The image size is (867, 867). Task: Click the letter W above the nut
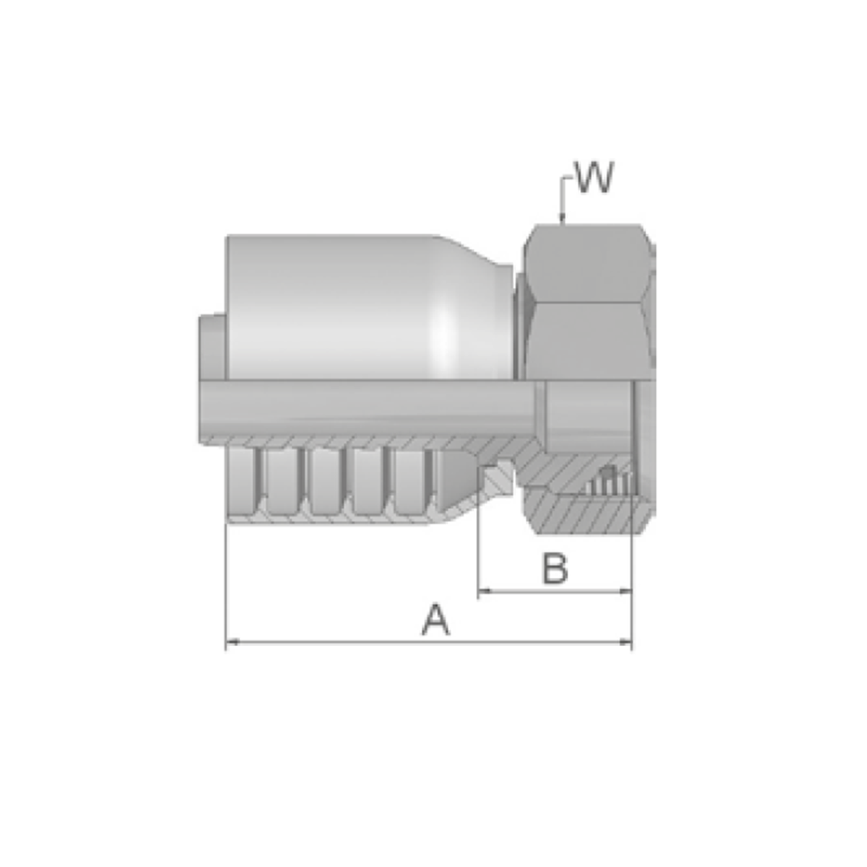[x=595, y=178]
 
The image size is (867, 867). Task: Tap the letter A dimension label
[x=436, y=620]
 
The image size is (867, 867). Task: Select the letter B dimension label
[x=555, y=569]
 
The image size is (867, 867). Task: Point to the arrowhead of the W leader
[x=562, y=219]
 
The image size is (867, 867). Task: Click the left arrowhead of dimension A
[x=232, y=642]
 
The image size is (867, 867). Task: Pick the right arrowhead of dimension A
[x=625, y=642]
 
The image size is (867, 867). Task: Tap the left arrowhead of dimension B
[x=485, y=591]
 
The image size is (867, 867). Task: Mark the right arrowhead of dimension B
[x=625, y=591]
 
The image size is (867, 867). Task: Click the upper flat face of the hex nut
[x=586, y=263]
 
